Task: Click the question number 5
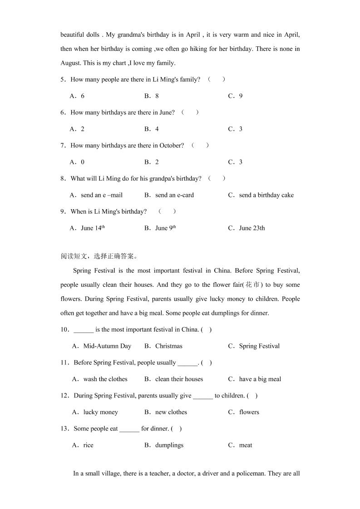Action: [63, 80]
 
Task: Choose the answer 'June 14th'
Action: [93, 229]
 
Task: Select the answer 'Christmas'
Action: [168, 346]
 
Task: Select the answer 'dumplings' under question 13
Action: [169, 445]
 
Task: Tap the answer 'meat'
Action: [246, 445]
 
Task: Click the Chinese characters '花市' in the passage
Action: [252, 285]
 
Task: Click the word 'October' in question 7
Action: [172, 146]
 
